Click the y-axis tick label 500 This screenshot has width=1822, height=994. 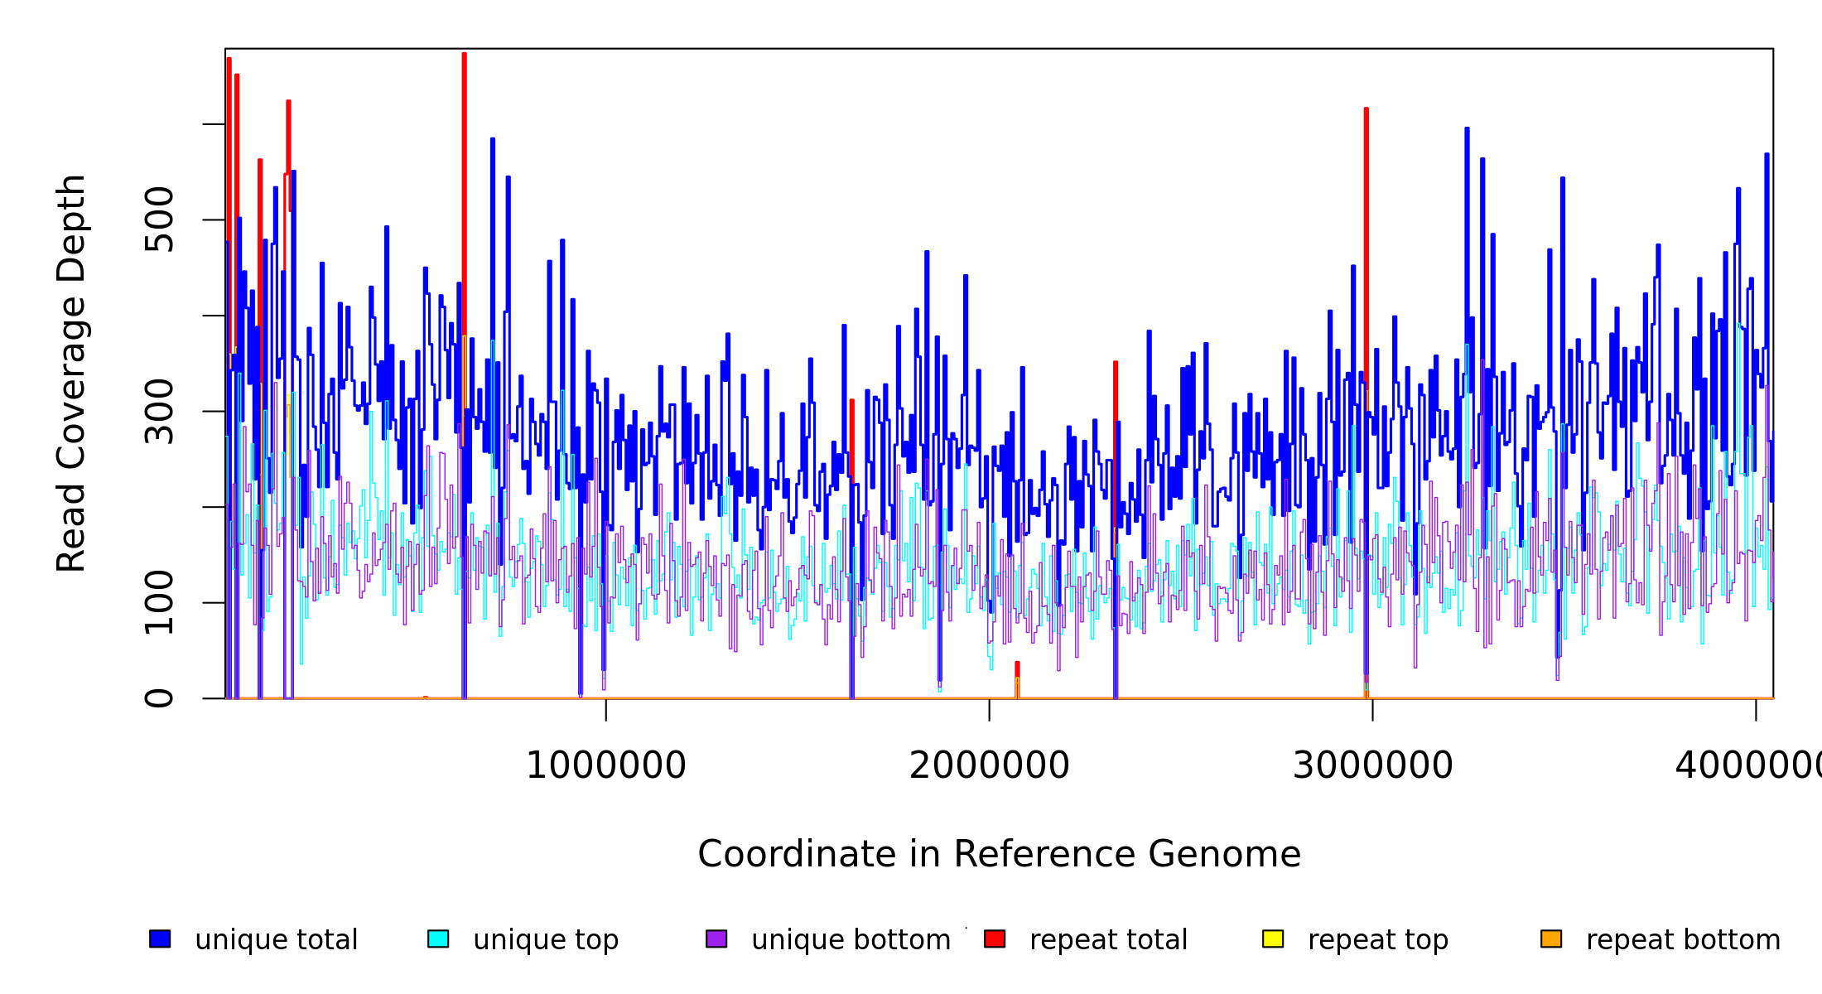(x=159, y=220)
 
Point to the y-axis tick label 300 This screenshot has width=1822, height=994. (x=159, y=412)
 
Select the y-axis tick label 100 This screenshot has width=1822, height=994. (x=159, y=602)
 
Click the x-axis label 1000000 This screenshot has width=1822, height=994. (x=606, y=765)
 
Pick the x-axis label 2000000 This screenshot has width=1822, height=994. (x=990, y=765)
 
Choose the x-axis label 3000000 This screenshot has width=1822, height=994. (x=1373, y=765)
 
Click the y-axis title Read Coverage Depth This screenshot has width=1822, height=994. (x=71, y=373)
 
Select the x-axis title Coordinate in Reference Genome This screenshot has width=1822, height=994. (x=999, y=854)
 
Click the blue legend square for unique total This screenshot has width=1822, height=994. (x=160, y=939)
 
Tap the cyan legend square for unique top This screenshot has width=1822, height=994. (x=438, y=939)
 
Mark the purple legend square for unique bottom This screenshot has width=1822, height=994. (x=716, y=939)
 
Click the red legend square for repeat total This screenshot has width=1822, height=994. (x=995, y=939)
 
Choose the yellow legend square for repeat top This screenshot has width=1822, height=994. (x=1273, y=939)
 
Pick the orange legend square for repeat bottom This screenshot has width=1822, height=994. (x=1551, y=939)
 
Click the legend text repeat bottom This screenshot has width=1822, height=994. (x=1683, y=940)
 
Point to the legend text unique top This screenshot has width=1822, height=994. (x=546, y=940)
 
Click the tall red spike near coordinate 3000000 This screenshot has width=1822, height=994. (x=1366, y=248)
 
